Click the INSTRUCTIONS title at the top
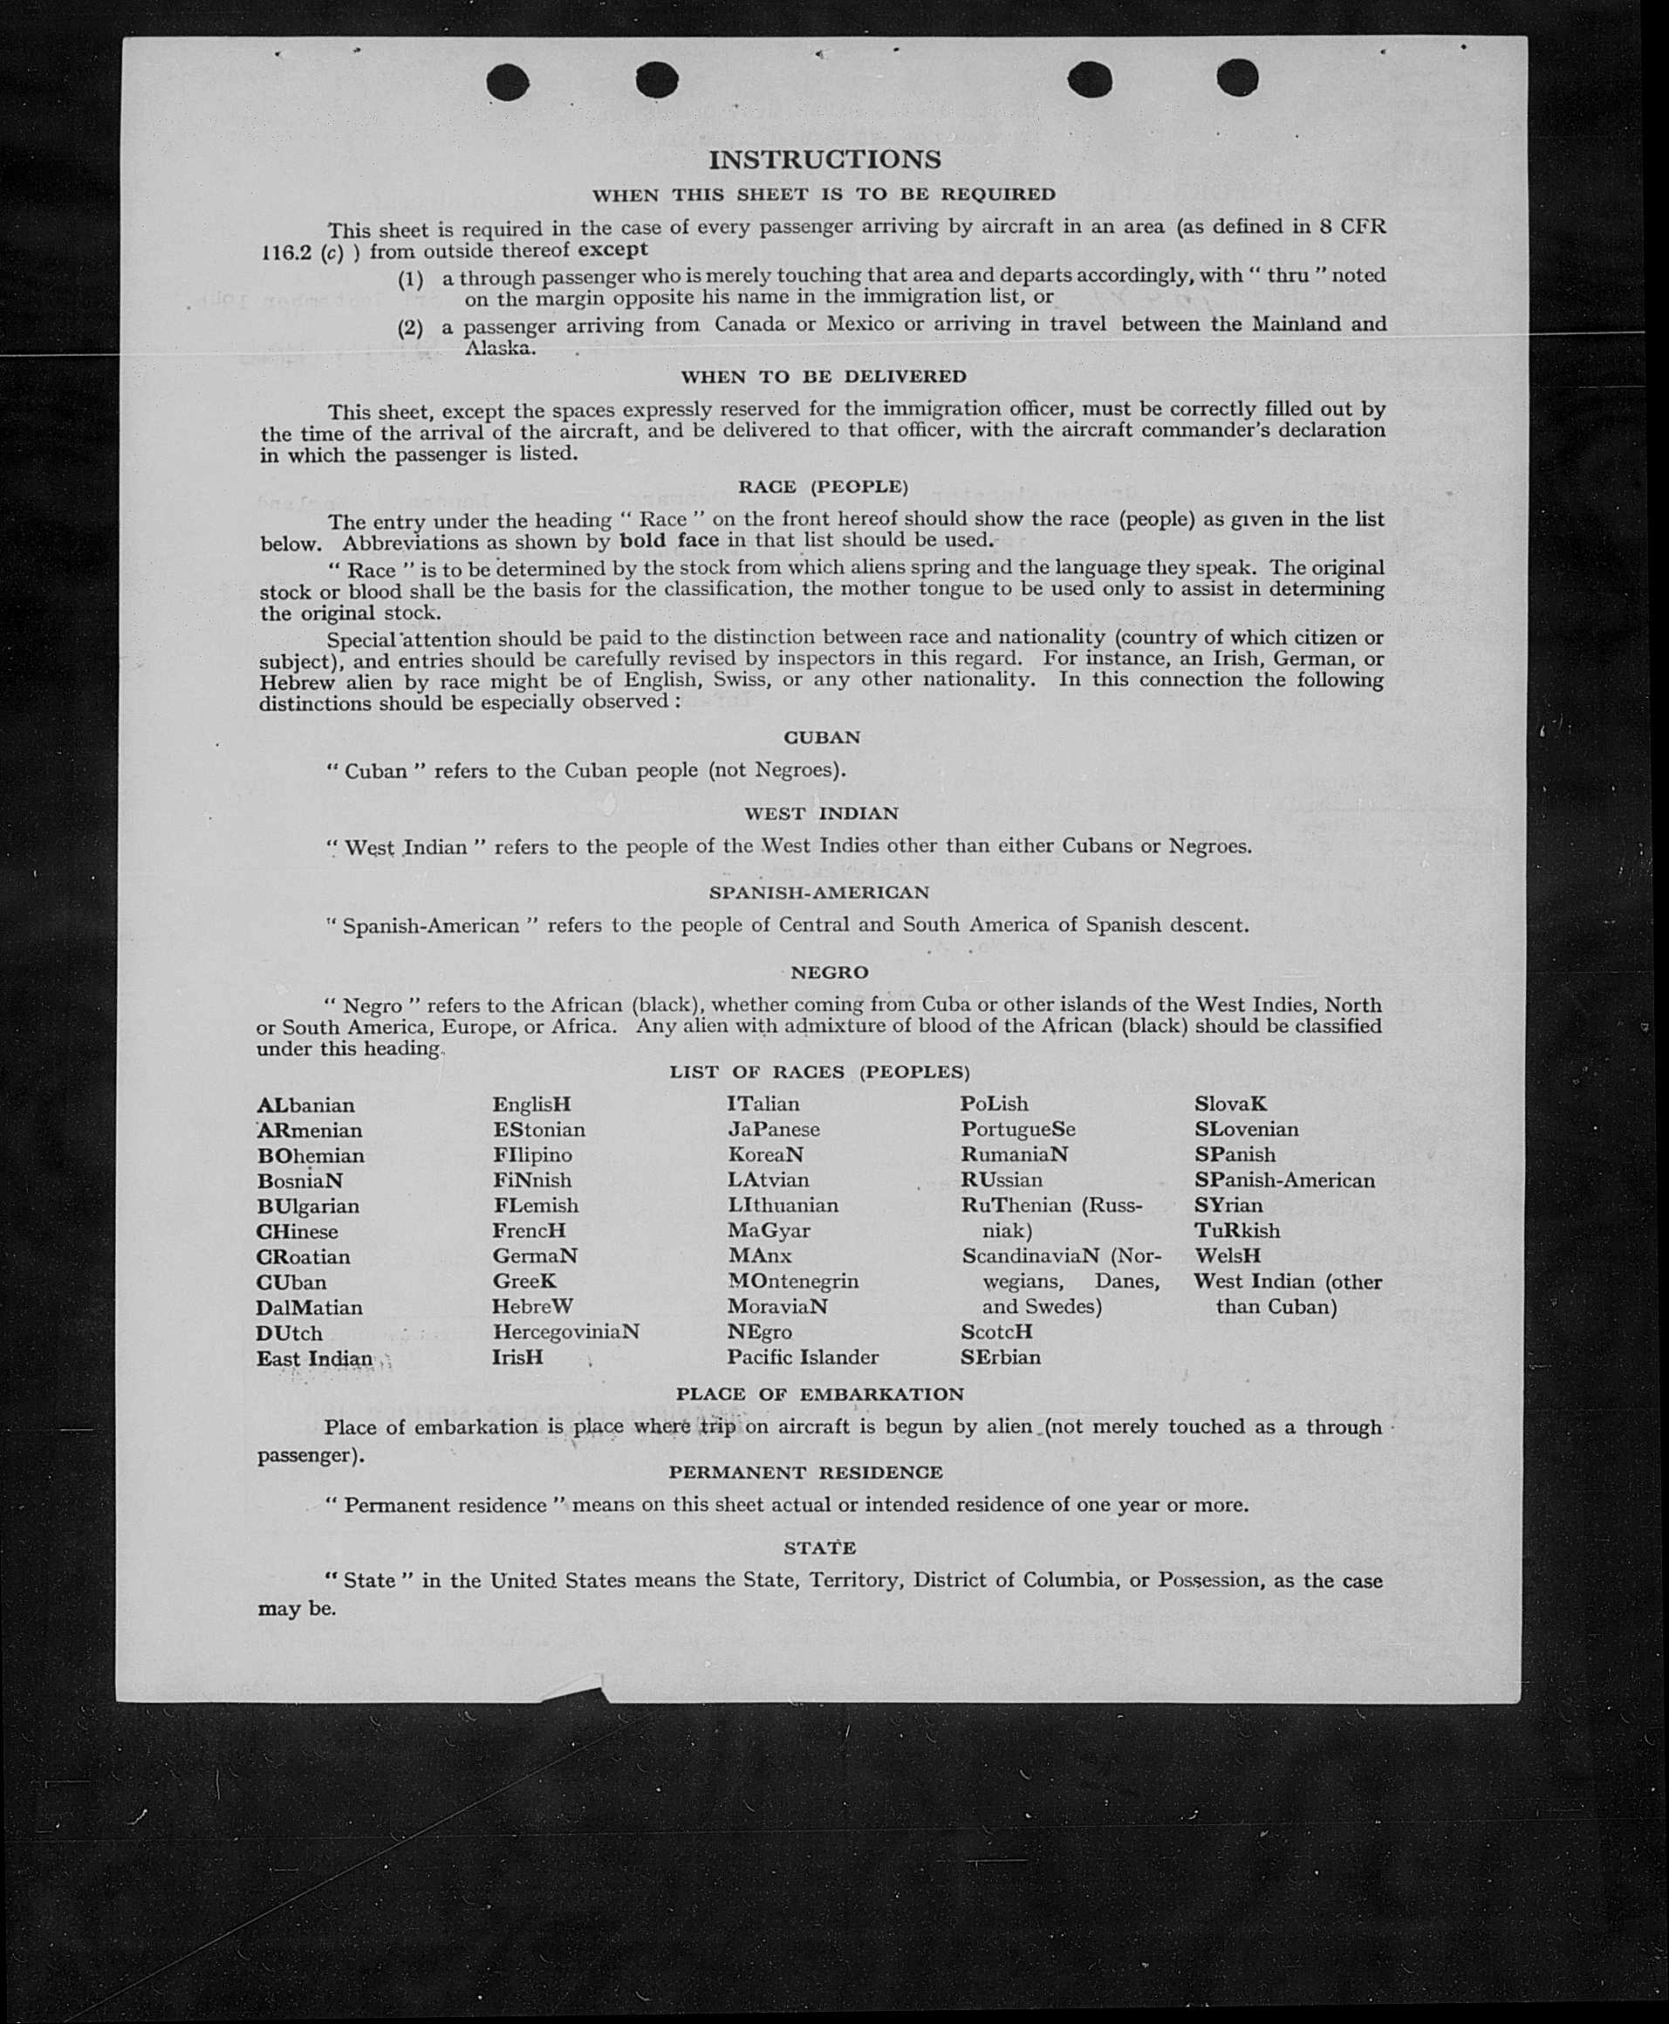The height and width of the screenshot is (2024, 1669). tap(824, 160)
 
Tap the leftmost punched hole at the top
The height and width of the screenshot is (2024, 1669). tap(508, 83)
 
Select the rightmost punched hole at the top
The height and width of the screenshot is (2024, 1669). tap(1237, 78)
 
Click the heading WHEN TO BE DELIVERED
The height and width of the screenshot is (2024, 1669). tap(823, 376)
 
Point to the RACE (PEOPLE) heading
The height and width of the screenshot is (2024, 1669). tap(822, 487)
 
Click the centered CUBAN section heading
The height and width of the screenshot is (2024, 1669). tap(822, 737)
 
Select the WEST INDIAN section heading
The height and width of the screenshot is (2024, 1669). tap(821, 813)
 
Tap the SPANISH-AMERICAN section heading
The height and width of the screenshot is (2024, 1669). tap(819, 892)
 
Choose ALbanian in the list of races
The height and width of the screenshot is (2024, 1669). tap(305, 1105)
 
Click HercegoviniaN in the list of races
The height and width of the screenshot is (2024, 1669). tap(565, 1331)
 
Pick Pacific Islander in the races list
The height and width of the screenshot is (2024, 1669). tap(803, 1357)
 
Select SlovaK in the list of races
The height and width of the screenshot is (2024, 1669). tap(1231, 1104)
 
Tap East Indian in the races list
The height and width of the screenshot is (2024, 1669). tap(314, 1358)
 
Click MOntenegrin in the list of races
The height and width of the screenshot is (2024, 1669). tap(793, 1281)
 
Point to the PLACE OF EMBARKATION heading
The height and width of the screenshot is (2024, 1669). tap(819, 1394)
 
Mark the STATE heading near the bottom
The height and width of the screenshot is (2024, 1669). tap(819, 1548)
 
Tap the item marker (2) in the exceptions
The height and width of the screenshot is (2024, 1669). tap(411, 327)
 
